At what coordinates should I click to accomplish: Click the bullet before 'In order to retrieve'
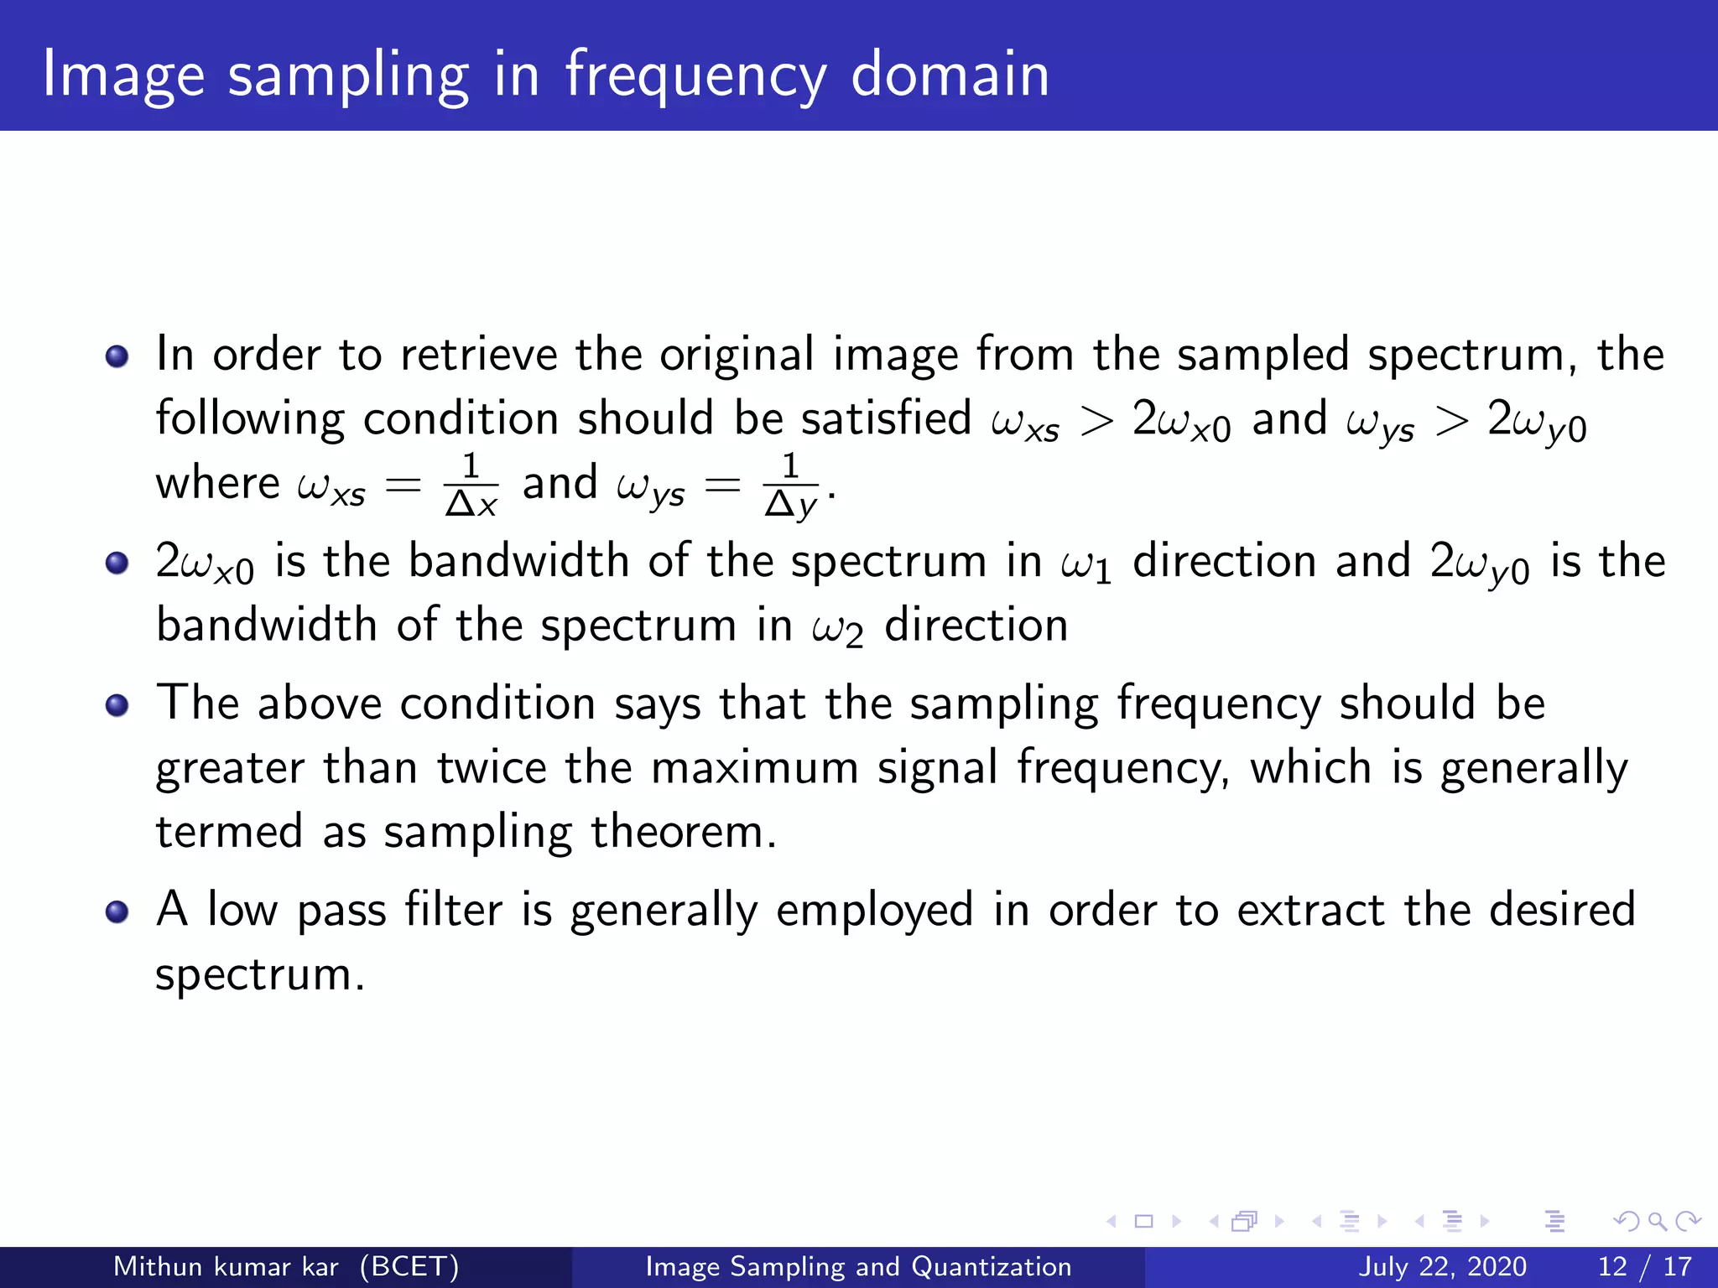coord(117,356)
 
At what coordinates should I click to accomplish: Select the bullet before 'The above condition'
coord(117,705)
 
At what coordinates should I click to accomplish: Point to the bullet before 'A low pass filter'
coord(117,911)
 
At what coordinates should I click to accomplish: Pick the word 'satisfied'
coord(886,418)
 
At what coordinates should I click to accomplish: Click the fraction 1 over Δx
coord(471,485)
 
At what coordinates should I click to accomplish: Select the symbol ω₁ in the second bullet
coord(1086,563)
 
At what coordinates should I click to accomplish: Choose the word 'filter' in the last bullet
coord(453,910)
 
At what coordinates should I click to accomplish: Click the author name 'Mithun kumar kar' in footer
coord(226,1266)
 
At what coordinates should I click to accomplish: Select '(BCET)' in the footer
coord(409,1266)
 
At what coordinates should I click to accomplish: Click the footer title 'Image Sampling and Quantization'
coord(858,1266)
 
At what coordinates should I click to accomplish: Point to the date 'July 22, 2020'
coord(1442,1266)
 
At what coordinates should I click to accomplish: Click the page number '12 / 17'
coord(1644,1266)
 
